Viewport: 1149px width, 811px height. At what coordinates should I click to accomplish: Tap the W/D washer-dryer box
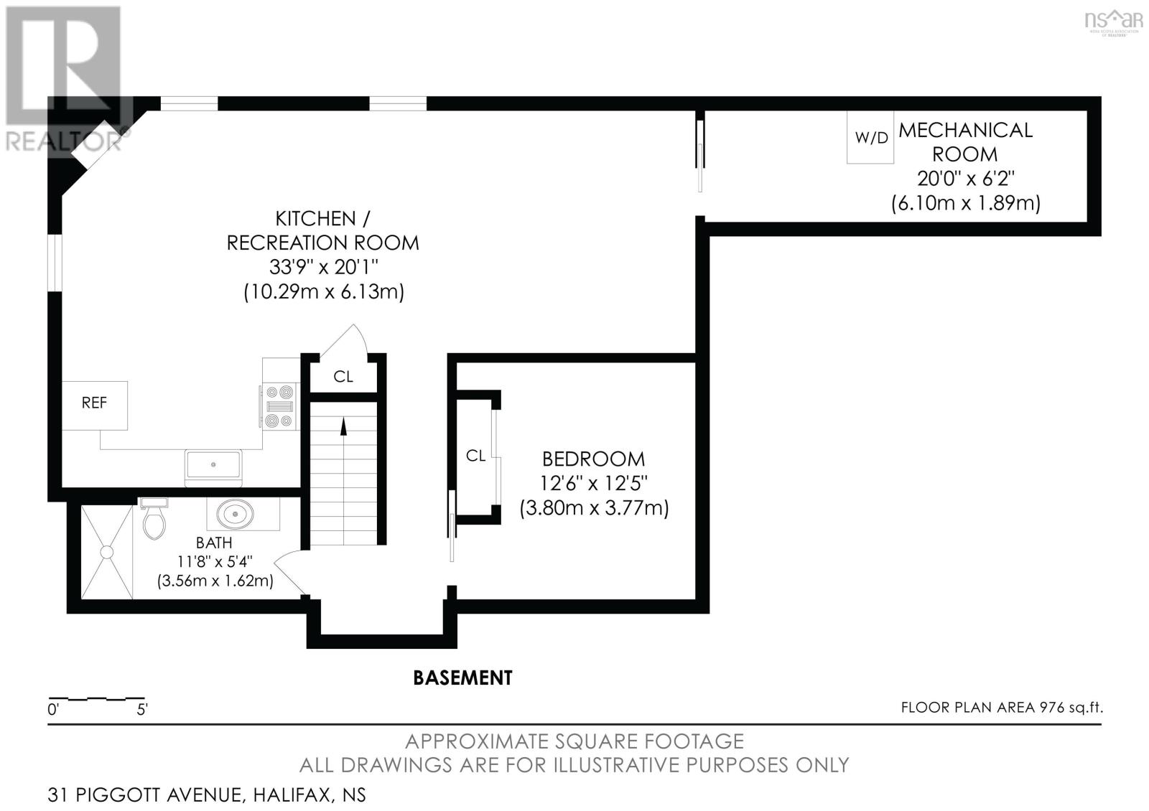(x=870, y=137)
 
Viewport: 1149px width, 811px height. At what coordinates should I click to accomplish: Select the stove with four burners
(x=279, y=406)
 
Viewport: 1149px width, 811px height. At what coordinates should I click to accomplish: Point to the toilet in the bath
(x=154, y=517)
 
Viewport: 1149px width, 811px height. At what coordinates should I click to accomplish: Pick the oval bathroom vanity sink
(x=235, y=514)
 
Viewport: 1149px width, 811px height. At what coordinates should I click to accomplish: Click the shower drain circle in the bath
(x=107, y=552)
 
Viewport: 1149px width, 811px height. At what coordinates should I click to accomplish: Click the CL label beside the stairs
(x=343, y=377)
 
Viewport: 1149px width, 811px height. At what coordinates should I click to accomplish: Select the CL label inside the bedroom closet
(x=475, y=455)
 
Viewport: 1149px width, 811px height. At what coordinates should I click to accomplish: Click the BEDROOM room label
(x=593, y=459)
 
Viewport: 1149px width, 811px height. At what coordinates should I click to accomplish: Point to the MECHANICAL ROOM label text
(x=965, y=142)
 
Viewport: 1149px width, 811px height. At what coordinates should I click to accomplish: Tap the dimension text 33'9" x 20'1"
(x=324, y=267)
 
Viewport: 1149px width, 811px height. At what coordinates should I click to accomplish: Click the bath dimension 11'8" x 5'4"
(x=215, y=562)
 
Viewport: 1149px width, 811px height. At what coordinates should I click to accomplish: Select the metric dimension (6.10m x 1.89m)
(x=966, y=203)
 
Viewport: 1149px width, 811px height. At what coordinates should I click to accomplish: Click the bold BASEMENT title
(x=462, y=678)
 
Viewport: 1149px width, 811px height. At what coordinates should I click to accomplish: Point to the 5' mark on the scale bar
(x=142, y=710)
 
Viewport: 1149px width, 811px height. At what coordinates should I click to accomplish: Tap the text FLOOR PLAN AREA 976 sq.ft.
(x=1002, y=708)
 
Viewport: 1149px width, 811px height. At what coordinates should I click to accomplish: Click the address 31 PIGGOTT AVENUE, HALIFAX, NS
(x=207, y=795)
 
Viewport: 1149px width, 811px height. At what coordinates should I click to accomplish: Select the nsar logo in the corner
(x=1114, y=22)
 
